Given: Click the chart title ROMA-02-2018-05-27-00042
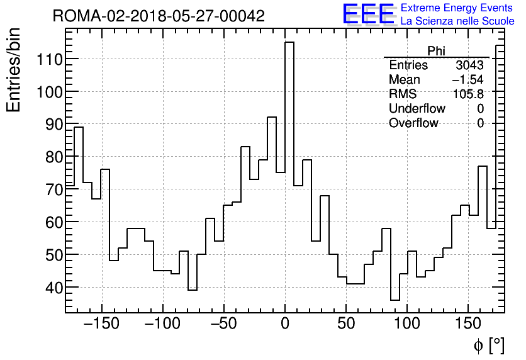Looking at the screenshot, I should click(x=159, y=16).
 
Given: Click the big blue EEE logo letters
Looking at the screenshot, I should click(x=368, y=15).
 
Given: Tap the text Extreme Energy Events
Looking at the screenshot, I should click(x=457, y=8).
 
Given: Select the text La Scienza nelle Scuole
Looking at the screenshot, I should click(x=457, y=21).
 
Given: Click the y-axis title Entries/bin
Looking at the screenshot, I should click(x=14, y=70).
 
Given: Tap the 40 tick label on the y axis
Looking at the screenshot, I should click(x=48, y=288).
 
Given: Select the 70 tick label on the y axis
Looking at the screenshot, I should click(x=48, y=189).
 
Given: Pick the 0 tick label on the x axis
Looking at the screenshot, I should click(x=285, y=325).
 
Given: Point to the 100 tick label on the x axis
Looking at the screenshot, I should click(x=407, y=325).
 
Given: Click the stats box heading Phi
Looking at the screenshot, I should click(x=436, y=51).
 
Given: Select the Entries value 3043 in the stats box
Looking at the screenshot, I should click(x=469, y=65).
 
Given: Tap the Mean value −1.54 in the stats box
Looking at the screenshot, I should click(x=467, y=80).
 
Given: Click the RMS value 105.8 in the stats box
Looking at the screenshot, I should click(x=468, y=94).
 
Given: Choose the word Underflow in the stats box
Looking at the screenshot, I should click(x=417, y=109).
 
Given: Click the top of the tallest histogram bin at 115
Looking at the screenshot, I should click(x=289, y=43).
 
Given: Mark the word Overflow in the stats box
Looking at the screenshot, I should click(x=413, y=123).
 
